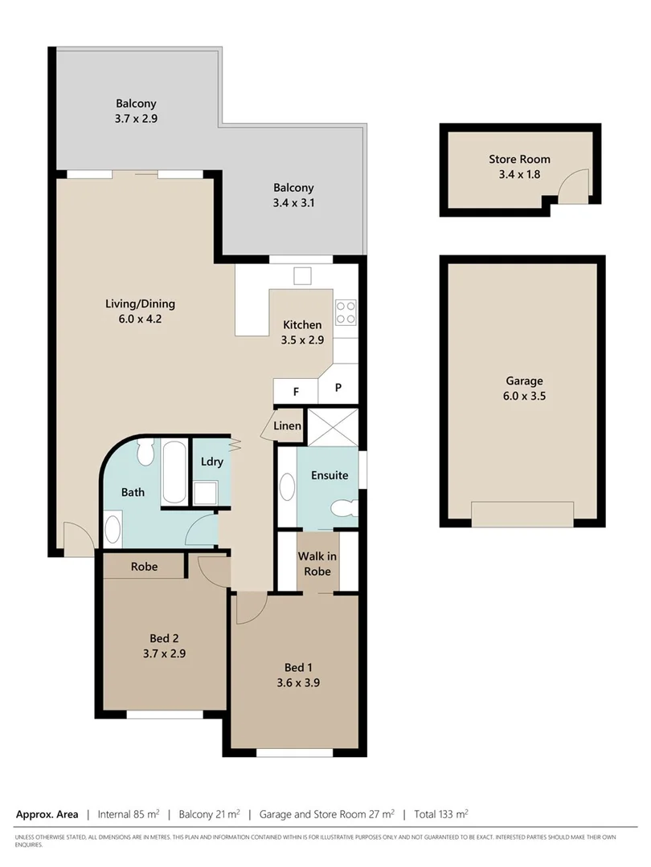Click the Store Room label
pyautogui.click(x=519, y=159)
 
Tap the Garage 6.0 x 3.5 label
pyautogui.click(x=525, y=389)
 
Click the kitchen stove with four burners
pyautogui.click(x=346, y=312)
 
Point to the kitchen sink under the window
pyautogui.click(x=302, y=275)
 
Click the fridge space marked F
pyautogui.click(x=296, y=391)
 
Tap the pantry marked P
pyautogui.click(x=338, y=388)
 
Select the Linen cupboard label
pyautogui.click(x=288, y=425)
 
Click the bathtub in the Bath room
pyautogui.click(x=174, y=472)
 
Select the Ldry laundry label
pyautogui.click(x=212, y=462)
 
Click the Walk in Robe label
pyautogui.click(x=317, y=564)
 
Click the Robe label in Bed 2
pyautogui.click(x=145, y=567)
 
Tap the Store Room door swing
pyautogui.click(x=575, y=186)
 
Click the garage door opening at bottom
pyautogui.click(x=522, y=515)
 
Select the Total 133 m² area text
pyautogui.click(x=440, y=814)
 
